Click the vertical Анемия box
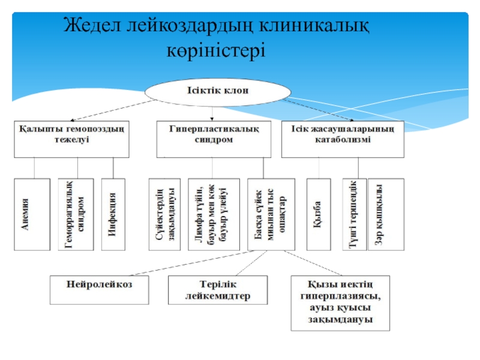pyautogui.click(x=32, y=214)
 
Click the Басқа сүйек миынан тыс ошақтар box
pyautogui.click(x=271, y=214)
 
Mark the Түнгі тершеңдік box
pyautogui.click(x=353, y=214)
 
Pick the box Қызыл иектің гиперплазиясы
pyautogui.click(x=340, y=303)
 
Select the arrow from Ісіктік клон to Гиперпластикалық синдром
pyautogui.click(x=212, y=113)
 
